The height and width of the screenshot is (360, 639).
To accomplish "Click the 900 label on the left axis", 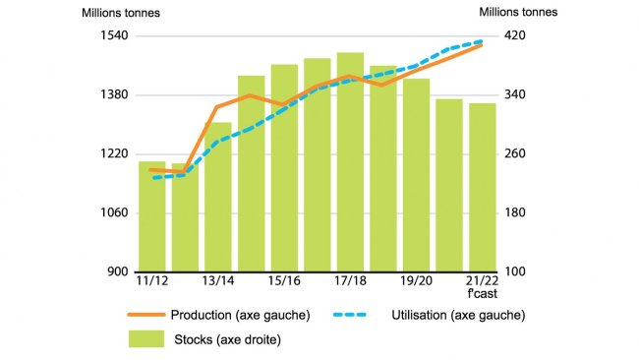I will point(118,272).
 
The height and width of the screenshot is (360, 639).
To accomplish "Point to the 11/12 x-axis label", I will point(151,281).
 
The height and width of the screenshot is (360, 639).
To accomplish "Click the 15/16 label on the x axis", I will point(284,281).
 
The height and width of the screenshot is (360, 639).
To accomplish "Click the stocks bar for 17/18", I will point(350,162).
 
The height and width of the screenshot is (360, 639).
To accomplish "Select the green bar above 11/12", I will point(151,216).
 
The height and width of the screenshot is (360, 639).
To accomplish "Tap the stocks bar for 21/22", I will point(482,187).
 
